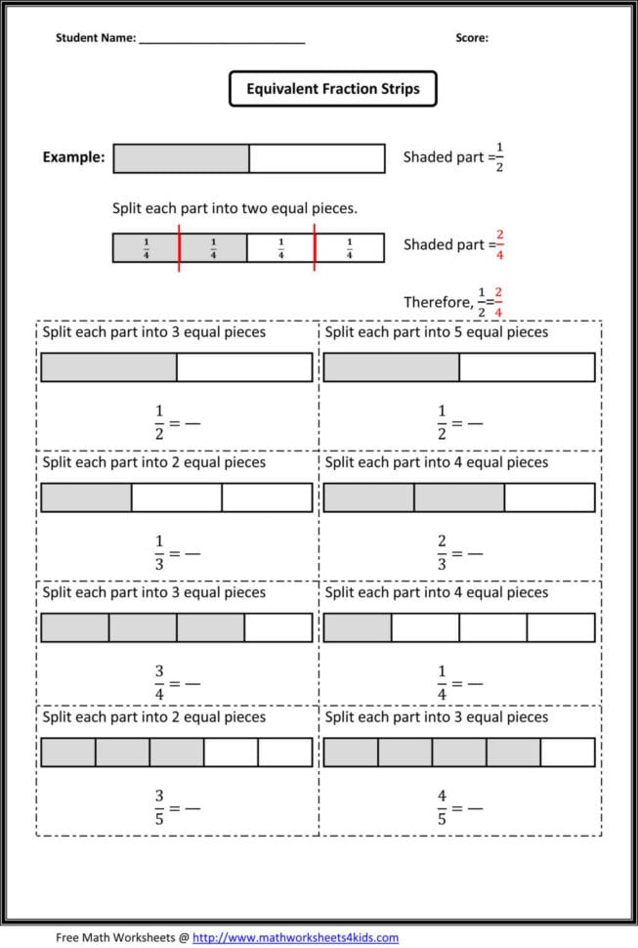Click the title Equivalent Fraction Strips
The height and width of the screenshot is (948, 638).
tap(332, 89)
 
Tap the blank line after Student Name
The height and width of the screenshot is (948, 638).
tap(222, 40)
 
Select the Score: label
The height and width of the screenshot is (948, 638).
tap(472, 38)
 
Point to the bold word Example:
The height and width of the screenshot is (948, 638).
tap(73, 157)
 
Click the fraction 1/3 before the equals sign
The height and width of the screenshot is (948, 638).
tap(159, 552)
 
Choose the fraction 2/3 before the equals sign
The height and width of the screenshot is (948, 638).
tap(442, 552)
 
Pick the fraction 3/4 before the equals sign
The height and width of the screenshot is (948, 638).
tap(159, 682)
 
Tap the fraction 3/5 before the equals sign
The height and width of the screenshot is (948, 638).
tap(159, 807)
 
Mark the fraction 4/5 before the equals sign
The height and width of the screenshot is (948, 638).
tap(442, 807)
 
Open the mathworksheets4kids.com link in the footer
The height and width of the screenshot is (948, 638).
tap(295, 937)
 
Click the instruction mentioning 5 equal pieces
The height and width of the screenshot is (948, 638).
tap(437, 332)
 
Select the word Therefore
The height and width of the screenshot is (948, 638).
tap(438, 302)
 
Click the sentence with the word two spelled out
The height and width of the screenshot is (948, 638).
tap(234, 208)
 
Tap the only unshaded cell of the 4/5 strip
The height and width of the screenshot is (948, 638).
tap(568, 752)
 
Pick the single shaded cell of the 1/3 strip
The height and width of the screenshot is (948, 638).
tap(86, 497)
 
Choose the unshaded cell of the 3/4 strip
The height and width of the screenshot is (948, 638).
tap(278, 627)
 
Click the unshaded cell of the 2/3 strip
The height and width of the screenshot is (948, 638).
tap(549, 497)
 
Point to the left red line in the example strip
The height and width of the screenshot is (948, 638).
tap(179, 247)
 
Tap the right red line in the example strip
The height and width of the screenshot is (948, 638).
tap(315, 247)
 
